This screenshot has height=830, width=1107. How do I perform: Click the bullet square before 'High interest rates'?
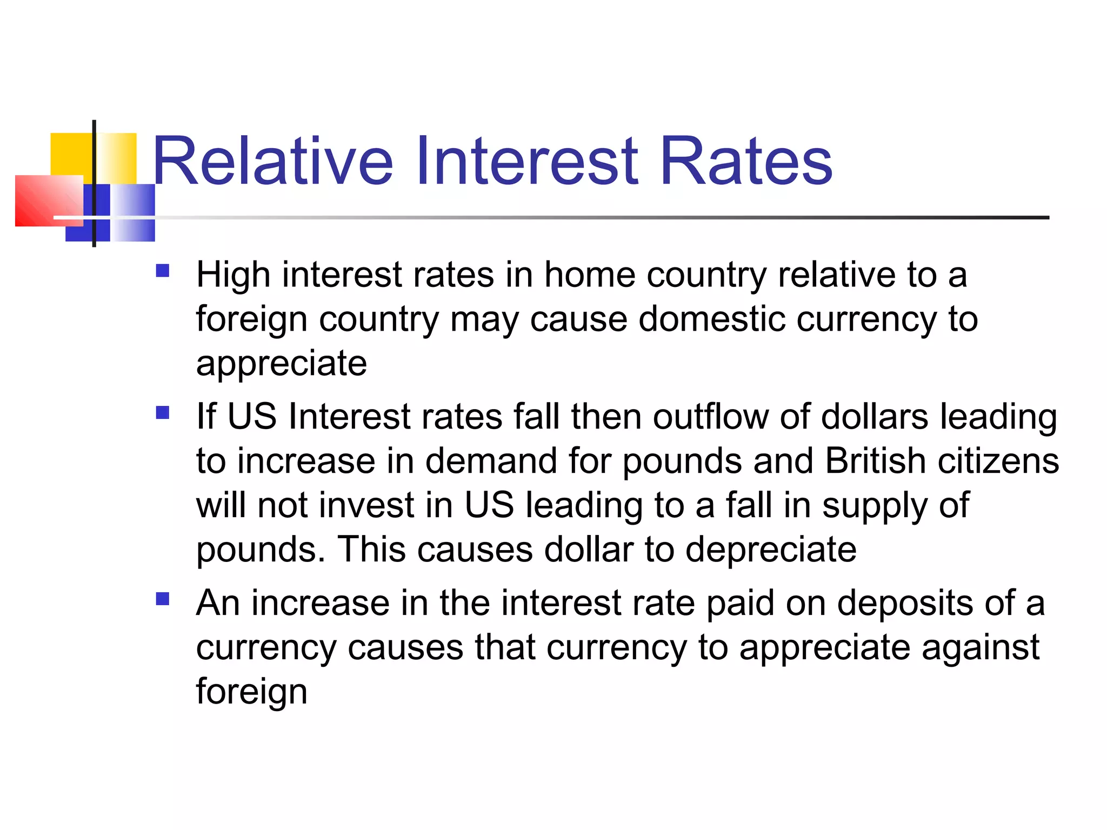163,270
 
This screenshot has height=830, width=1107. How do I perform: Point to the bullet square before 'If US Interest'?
163,413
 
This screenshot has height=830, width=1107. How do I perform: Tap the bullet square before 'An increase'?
163,599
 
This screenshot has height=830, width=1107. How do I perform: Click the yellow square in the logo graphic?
70,153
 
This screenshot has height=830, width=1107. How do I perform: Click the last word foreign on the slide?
251,692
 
